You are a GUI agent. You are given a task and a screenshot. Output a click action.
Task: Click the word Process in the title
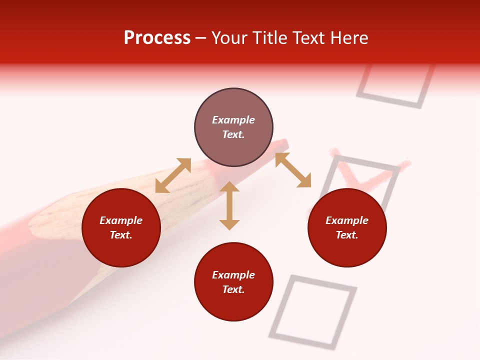click(x=157, y=38)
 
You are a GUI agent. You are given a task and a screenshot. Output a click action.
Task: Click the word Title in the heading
click(x=268, y=38)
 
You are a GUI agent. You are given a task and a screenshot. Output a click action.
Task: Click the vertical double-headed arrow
click(x=229, y=206)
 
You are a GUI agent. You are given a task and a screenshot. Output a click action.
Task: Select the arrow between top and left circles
click(x=173, y=175)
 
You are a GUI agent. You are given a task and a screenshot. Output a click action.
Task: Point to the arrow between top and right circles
click(x=293, y=170)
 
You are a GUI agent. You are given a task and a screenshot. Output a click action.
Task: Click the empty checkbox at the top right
click(x=395, y=85)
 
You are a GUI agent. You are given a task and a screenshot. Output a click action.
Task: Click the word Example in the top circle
click(x=233, y=120)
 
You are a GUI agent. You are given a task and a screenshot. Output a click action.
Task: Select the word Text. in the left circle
click(x=121, y=235)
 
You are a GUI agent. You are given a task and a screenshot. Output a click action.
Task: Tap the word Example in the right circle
click(x=347, y=220)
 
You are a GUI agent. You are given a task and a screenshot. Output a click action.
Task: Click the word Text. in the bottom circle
click(x=233, y=289)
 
